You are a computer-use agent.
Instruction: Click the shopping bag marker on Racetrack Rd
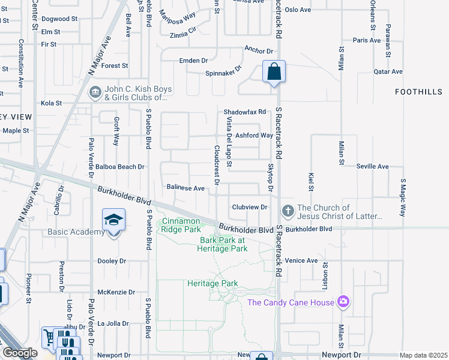(274, 73)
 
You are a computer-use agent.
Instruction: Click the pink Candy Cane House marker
(343, 301)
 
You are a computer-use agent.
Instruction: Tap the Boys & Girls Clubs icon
(95, 92)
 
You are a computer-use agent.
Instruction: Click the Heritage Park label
(212, 283)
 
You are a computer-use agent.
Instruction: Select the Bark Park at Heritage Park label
(223, 244)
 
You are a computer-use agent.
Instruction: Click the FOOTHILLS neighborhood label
(419, 92)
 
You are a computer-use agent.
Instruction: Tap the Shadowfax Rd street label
(244, 112)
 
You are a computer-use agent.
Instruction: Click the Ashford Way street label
(254, 136)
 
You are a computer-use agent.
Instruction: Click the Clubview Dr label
(249, 207)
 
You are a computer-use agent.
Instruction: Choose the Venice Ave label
(301, 260)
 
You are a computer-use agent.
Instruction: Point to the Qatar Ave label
(388, 71)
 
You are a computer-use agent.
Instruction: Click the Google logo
(20, 353)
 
